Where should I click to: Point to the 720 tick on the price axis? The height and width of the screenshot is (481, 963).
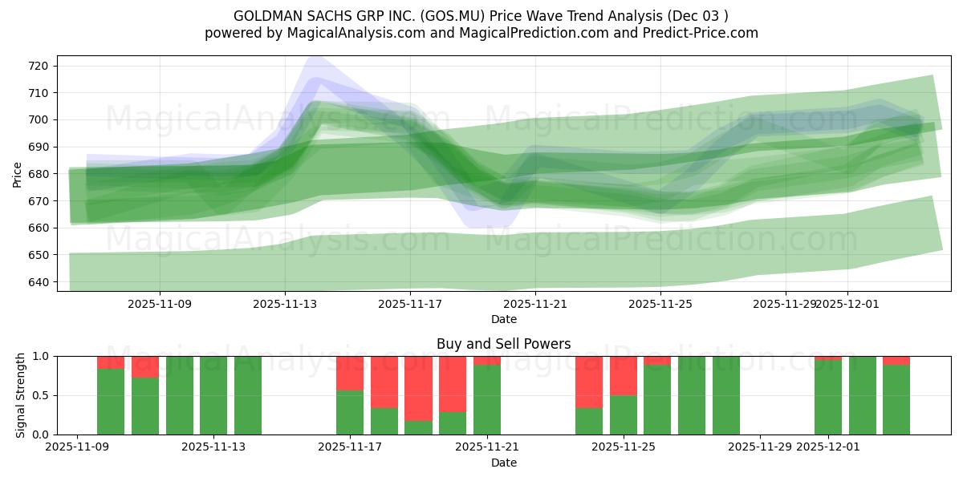[39, 66]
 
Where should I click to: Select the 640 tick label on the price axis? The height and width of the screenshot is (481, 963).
[39, 282]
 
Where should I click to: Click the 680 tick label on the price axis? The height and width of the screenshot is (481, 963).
[39, 174]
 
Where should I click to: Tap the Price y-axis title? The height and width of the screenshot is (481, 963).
[18, 174]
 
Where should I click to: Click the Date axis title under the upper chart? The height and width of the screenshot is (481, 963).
[504, 319]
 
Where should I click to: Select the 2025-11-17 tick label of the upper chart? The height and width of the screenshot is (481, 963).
[410, 304]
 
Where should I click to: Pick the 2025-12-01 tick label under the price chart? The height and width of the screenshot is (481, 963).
[847, 304]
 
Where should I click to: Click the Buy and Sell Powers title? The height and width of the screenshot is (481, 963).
[504, 344]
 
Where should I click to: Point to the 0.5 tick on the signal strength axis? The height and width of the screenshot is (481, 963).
[39, 395]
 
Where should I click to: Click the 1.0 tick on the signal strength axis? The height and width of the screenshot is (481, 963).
[39, 356]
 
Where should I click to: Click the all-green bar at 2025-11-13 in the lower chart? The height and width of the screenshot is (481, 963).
[213, 395]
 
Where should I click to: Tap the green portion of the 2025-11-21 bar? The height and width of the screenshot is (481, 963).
[487, 400]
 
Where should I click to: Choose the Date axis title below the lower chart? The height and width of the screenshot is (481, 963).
[504, 463]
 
